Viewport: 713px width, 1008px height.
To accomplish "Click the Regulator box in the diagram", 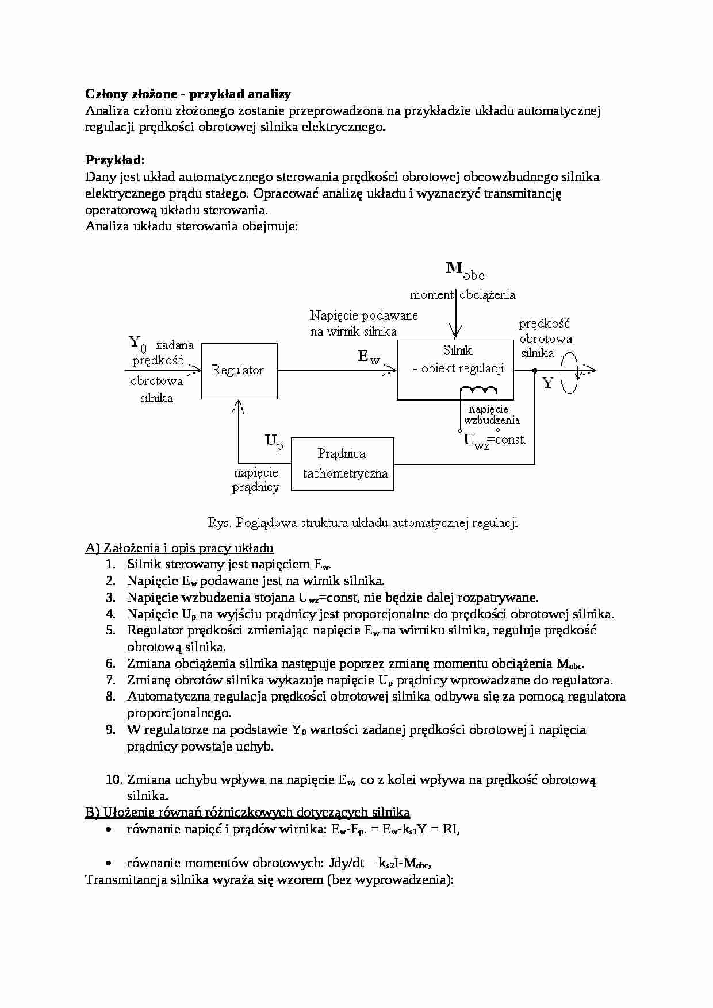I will tap(239, 371).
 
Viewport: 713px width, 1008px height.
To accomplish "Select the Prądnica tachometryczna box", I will tap(343, 464).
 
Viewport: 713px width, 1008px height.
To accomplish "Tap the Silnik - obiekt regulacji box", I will tap(455, 369).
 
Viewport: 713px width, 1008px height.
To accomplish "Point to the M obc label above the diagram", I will tap(465, 270).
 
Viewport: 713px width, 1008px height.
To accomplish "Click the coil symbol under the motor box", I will tap(478, 390).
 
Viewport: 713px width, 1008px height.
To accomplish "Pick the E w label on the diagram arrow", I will tap(369, 357).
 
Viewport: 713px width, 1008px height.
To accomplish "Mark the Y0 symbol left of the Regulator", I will tap(137, 343).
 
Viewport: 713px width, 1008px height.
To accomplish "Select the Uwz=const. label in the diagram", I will tap(494, 441).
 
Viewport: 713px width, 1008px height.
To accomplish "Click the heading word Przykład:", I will tap(115, 160).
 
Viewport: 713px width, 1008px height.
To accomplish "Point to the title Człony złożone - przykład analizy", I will tap(188, 94).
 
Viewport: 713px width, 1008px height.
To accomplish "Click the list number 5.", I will tap(110, 630).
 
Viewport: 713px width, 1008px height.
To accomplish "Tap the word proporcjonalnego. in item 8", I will tap(179, 713).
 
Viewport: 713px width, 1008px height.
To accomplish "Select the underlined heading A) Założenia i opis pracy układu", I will tap(179, 548).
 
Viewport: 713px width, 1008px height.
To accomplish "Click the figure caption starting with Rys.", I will tap(362, 523).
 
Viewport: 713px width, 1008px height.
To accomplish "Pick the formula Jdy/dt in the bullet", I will tap(352, 863).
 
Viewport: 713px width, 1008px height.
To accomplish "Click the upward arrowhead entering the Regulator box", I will tap(239, 406).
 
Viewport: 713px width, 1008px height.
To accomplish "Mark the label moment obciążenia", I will tap(462, 295).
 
